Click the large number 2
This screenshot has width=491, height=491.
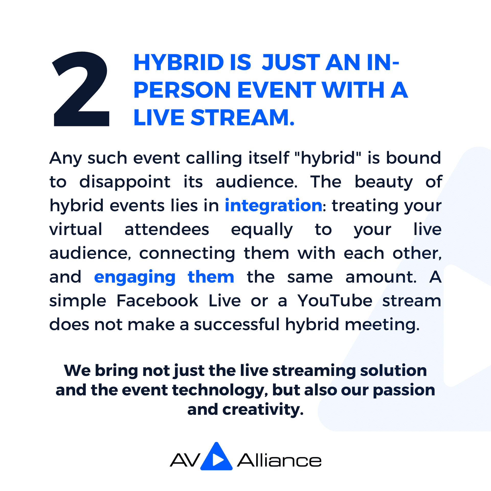81,89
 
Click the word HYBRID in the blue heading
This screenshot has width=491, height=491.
179,62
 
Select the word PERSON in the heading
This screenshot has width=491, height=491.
182,90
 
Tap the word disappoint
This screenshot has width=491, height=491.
125,182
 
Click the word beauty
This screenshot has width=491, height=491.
384,182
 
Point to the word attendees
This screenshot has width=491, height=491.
167,229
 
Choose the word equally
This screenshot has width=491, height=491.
262,229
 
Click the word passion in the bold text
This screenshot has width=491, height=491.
404,390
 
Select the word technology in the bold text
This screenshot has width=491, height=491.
220,390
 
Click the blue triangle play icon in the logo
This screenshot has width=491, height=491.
216,457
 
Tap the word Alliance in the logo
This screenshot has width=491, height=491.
279,460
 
